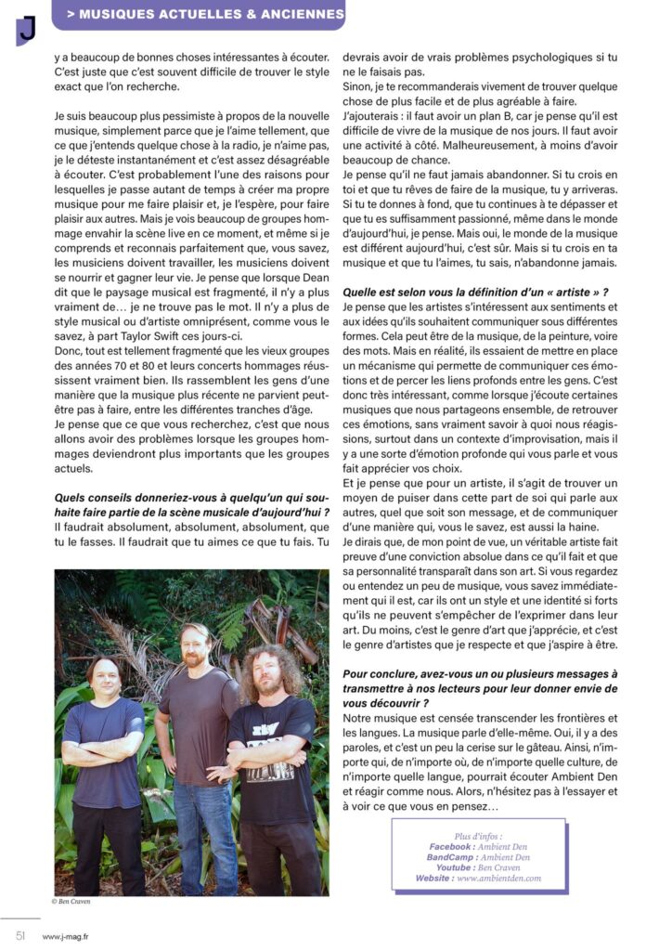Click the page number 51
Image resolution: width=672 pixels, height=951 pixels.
click(19, 935)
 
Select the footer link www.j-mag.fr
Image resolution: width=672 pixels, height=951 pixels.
click(66, 936)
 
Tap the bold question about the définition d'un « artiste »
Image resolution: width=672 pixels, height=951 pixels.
click(475, 293)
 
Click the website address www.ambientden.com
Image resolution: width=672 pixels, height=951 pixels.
click(498, 878)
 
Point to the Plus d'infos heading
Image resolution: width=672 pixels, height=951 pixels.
click(479, 836)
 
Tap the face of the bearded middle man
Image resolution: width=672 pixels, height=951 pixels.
click(196, 646)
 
